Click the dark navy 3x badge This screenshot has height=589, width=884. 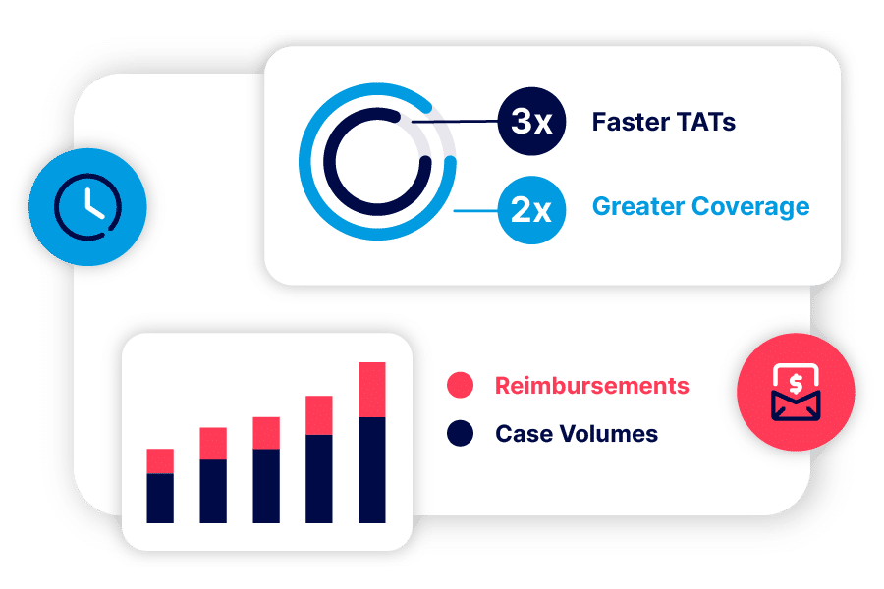point(531,121)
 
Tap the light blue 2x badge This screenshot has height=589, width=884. point(531,210)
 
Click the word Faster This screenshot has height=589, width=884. point(631,122)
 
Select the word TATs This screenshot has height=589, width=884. point(706,122)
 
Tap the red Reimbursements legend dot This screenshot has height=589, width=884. point(460,385)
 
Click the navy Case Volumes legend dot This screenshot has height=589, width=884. point(460,434)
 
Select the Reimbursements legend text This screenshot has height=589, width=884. point(592,386)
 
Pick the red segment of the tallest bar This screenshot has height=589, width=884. point(372,390)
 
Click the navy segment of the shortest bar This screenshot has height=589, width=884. point(160,499)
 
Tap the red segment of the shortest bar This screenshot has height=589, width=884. point(160,461)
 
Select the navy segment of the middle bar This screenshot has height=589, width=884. point(266,486)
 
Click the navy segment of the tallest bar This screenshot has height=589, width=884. point(372,470)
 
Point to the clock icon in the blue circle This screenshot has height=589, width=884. point(87,207)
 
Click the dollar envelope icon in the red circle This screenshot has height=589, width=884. point(796,392)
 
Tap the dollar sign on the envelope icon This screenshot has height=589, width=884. point(796,385)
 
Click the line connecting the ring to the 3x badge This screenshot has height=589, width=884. point(455,121)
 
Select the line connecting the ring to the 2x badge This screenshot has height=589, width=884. point(475,211)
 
